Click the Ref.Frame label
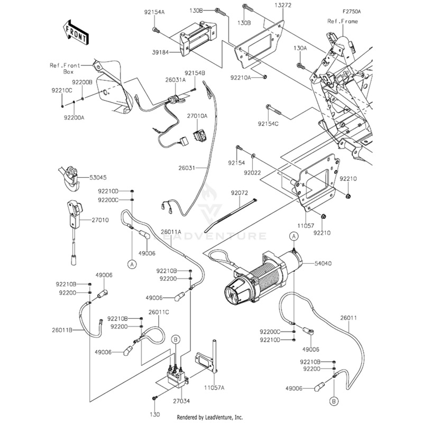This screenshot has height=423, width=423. (343, 21)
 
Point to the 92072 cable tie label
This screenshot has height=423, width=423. (240, 194)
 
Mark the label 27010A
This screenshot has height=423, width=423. (198, 115)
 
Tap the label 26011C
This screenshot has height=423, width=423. (159, 312)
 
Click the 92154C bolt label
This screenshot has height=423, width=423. (269, 123)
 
